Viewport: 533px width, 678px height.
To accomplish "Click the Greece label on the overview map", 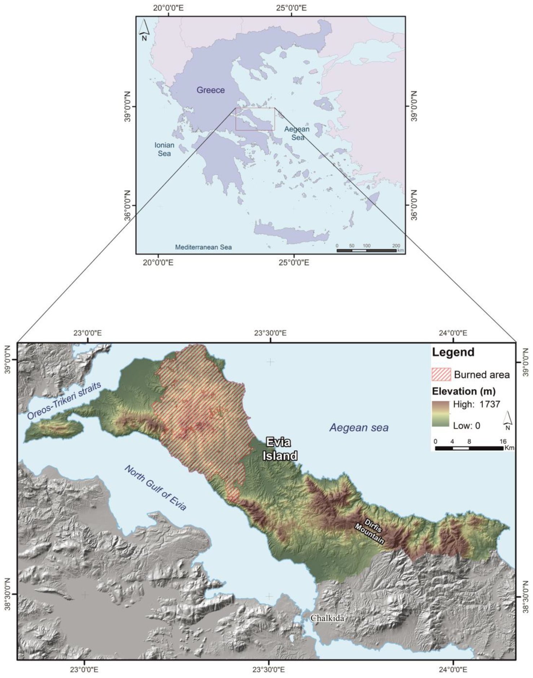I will coord(210,90).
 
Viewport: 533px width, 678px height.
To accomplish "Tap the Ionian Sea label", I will coord(164,149).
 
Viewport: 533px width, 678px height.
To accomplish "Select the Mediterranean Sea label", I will coord(203,247).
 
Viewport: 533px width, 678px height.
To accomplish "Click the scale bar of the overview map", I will coord(366,250).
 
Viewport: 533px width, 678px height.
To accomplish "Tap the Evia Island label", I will coord(280,449).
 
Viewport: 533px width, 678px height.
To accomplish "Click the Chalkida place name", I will coord(327,618).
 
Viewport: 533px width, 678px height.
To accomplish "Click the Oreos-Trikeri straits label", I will coord(64,401).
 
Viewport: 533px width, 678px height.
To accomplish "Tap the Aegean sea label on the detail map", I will coord(359,428).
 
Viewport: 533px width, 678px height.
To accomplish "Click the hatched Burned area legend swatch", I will coord(441,375).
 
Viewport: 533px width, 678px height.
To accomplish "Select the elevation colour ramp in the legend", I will coord(441,414).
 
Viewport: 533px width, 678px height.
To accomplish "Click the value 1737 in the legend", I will coord(489,404).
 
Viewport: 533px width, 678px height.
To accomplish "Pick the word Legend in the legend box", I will coord(453,352).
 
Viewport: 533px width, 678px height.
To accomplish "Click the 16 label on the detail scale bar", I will coord(503,441).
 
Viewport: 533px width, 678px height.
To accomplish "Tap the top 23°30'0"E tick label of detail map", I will coord(270,333).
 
